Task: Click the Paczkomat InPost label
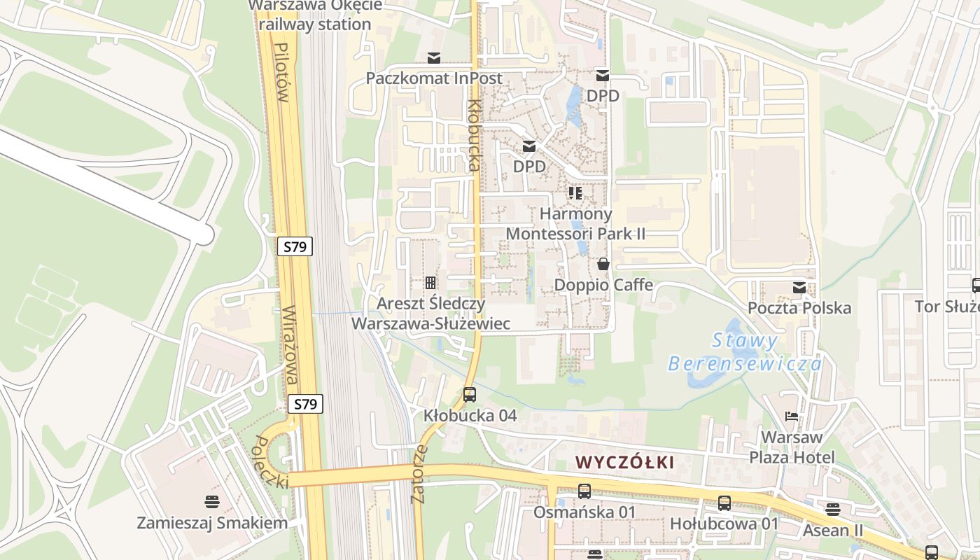coord(434,78)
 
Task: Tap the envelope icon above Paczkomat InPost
coord(434,57)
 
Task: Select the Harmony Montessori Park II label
coord(576,223)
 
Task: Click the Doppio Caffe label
coord(603,285)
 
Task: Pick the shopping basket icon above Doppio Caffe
coord(603,265)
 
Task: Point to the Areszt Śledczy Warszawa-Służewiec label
coord(430,314)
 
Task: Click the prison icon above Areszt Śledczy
coord(430,283)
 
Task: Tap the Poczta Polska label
coord(799,308)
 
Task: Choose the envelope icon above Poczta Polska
coord(799,288)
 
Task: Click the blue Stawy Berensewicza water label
coord(745,352)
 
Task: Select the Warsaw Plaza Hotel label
coord(792,447)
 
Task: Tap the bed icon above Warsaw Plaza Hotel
coord(792,416)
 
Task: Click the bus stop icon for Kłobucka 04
coord(470,395)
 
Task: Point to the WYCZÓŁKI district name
coord(625,462)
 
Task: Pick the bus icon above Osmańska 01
coord(584,491)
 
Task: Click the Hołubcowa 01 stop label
coord(724,524)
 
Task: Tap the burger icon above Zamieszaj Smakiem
coord(212,502)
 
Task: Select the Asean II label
coord(833,530)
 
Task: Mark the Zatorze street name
coord(420,474)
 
